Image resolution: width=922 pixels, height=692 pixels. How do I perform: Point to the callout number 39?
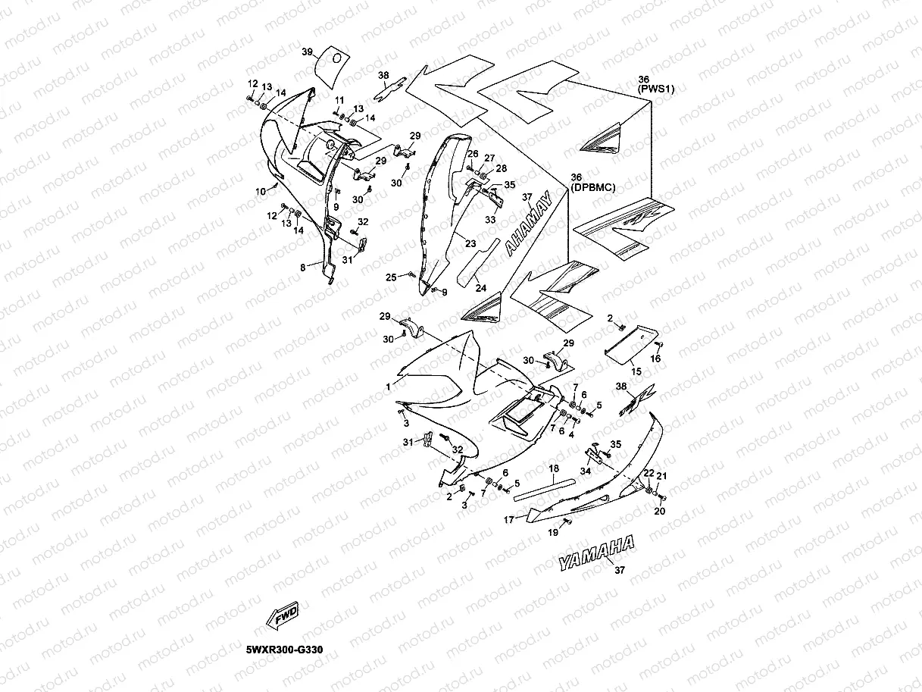click(x=307, y=52)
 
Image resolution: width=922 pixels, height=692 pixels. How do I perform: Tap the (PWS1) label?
click(x=655, y=89)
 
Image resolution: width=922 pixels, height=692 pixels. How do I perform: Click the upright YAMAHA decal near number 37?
click(x=595, y=552)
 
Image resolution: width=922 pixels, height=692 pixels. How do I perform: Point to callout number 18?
click(x=554, y=469)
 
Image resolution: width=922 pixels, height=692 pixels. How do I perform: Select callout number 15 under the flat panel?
click(x=636, y=371)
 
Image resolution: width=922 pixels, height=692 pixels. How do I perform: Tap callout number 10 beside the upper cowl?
click(x=261, y=192)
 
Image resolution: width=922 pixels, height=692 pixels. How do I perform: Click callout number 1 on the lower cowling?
click(x=388, y=387)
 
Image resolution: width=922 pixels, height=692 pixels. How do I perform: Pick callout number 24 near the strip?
click(x=480, y=288)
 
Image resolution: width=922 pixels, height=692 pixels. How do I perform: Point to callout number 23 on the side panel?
click(x=470, y=244)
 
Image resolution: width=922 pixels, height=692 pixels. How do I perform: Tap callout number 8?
click(x=303, y=267)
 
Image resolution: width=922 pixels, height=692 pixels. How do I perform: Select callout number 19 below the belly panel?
click(x=553, y=534)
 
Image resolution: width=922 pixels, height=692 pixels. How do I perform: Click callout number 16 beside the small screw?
click(x=656, y=358)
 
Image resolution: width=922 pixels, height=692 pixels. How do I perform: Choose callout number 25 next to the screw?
click(x=391, y=277)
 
